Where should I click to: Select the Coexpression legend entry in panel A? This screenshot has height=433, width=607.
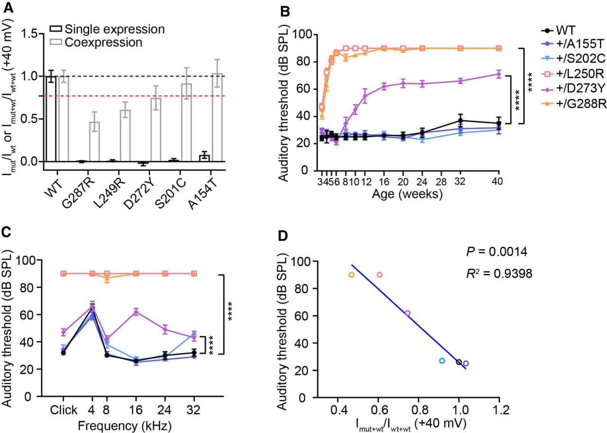(117, 42)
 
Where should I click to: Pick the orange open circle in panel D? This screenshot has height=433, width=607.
(351, 275)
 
